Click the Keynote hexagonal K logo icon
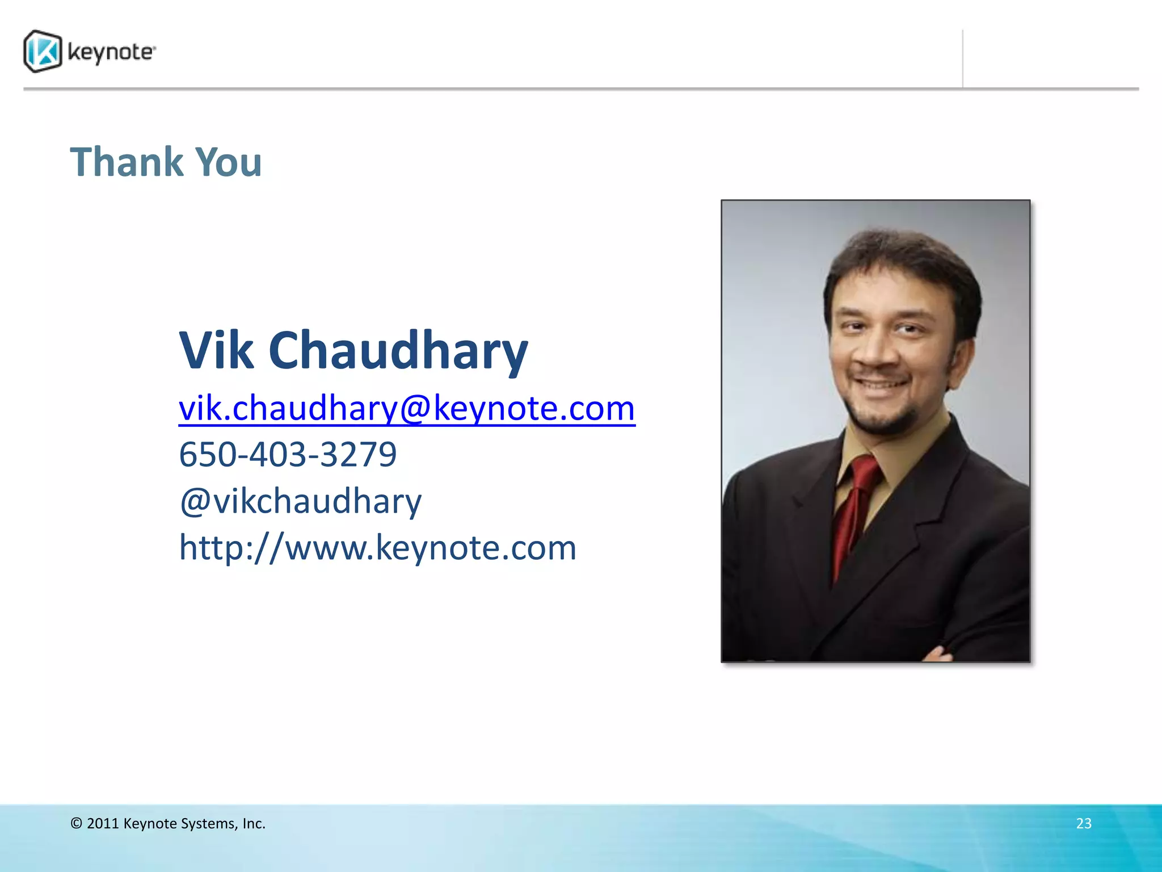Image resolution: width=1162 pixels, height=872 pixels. [43, 52]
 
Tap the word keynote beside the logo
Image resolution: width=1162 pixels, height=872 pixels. [111, 52]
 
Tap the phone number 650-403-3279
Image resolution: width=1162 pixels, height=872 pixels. [288, 454]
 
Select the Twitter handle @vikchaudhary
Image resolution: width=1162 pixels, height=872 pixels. [301, 501]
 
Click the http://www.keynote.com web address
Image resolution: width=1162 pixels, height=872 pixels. [377, 547]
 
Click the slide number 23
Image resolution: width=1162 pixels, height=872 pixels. [1084, 823]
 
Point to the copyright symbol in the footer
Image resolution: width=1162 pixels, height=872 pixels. [77, 823]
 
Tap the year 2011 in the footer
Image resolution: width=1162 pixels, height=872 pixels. [103, 823]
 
